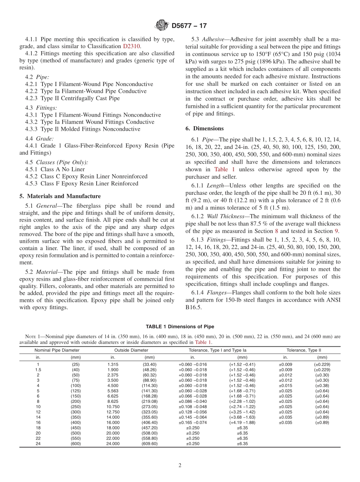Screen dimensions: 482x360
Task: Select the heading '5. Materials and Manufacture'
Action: (x=60, y=196)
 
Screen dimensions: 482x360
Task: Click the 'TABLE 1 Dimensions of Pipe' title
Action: (x=180, y=327)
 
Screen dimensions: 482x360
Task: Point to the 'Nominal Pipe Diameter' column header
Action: (x=57, y=350)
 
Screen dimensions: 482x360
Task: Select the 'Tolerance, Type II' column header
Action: (x=304, y=350)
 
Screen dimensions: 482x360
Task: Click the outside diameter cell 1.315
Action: (x=113, y=365)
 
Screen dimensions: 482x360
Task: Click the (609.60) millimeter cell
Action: (x=149, y=443)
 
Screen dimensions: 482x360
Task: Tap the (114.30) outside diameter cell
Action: (x=149, y=385)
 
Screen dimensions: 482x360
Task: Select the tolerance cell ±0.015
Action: (x=285, y=385)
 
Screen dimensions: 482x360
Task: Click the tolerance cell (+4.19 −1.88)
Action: (x=242, y=423)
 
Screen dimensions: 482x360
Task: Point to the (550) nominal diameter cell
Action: (x=76, y=438)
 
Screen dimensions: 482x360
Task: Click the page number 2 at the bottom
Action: (x=180, y=466)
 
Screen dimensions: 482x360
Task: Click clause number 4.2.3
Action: (x=32, y=98)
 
